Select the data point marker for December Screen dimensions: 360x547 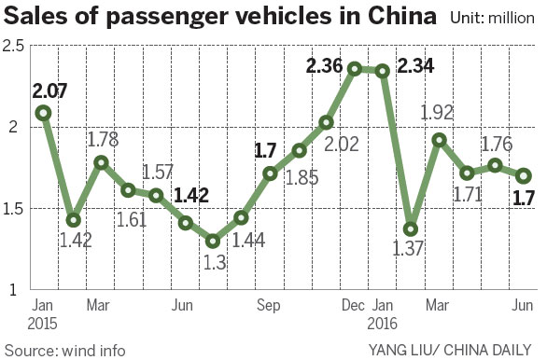pyautogui.click(x=355, y=69)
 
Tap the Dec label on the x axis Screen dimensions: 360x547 pyautogui.click(x=354, y=303)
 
